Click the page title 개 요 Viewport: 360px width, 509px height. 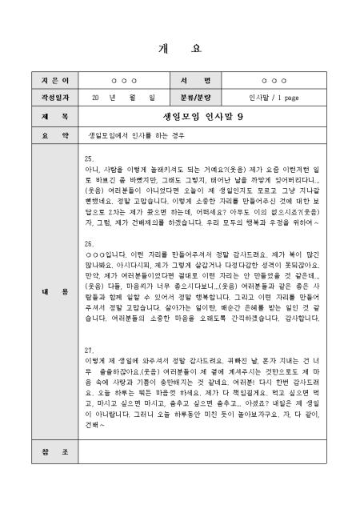[x=180, y=48]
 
